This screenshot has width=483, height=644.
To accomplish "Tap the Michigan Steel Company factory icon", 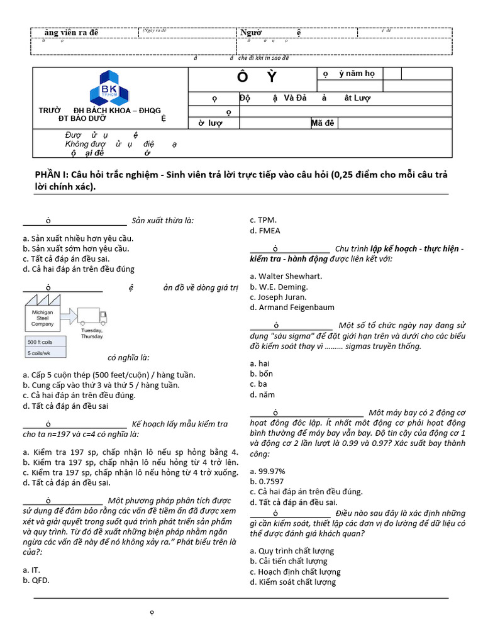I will pyautogui.click(x=42, y=314).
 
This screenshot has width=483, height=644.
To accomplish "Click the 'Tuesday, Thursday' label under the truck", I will pyautogui.click(x=92, y=333).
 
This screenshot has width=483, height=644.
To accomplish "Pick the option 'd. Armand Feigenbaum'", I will pyautogui.click(x=292, y=308).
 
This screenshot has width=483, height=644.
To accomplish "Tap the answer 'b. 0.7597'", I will pyautogui.click(x=267, y=481).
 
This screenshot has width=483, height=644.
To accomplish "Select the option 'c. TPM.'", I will pyautogui.click(x=263, y=220).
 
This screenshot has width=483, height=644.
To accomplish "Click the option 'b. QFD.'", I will pyautogui.click(x=36, y=580).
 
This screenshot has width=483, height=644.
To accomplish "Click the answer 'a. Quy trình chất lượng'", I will pyautogui.click(x=292, y=551).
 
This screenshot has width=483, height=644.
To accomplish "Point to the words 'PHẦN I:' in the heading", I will pyautogui.click(x=49, y=175).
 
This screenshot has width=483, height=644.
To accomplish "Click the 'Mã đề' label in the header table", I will pyautogui.click(x=322, y=123).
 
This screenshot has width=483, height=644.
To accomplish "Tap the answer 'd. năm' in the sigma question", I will pyautogui.click(x=262, y=394).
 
